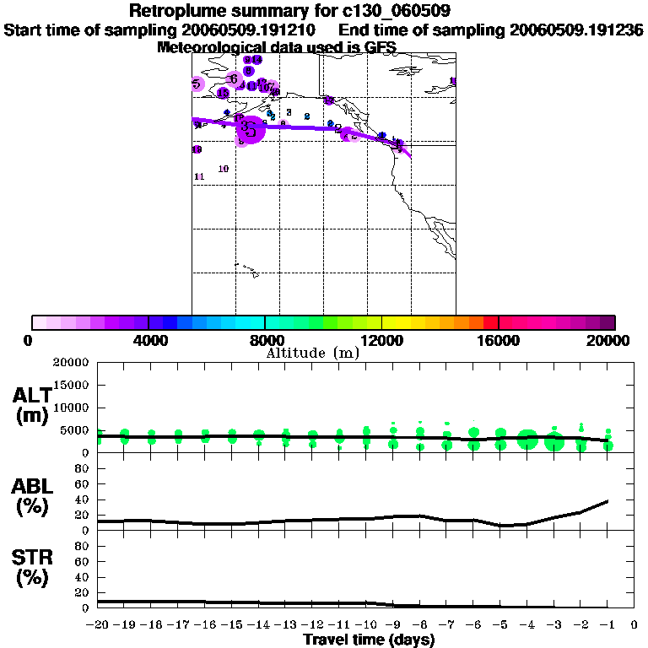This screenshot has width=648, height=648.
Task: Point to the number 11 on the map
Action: pos(199,176)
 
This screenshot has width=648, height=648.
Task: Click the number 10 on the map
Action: pos(224,169)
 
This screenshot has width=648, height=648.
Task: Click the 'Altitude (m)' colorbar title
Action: pos(313,353)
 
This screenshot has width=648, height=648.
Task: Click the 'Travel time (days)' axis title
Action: pos(369,640)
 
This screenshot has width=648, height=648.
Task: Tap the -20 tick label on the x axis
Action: pos(98,625)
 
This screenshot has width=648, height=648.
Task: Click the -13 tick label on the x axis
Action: pos(286,625)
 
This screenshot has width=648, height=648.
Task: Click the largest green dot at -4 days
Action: pos(527,440)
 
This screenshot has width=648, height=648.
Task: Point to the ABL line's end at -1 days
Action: pos(607,501)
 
